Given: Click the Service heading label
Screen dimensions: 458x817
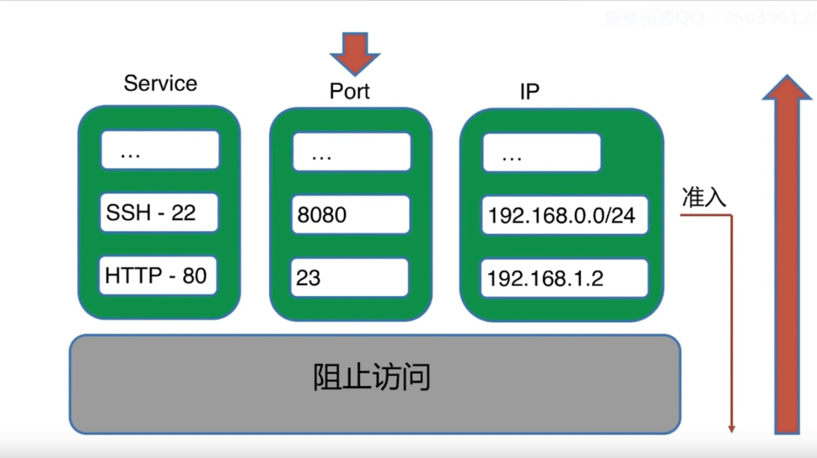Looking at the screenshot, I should point(160,83).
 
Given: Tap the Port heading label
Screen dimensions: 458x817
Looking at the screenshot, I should point(350,91).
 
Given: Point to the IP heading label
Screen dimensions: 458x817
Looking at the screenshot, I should point(530,91).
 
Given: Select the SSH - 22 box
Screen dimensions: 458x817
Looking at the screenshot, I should point(159,213).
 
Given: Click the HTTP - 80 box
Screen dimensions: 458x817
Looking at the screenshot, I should point(158,276).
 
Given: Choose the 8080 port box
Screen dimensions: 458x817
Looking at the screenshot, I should point(351,214).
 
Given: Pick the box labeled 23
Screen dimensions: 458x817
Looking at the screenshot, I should point(350,278).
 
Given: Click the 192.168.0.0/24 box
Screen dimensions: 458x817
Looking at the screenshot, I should point(565,215).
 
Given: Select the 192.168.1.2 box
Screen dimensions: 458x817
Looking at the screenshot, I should point(565,278).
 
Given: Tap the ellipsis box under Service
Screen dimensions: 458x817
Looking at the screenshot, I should point(160,150).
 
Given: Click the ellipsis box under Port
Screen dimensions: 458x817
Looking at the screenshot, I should point(351,152).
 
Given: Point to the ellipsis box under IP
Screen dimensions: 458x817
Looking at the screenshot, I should point(542,152).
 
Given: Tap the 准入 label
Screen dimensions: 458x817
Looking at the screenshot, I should point(704,198).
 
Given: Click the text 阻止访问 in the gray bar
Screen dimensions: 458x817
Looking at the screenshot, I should point(372,378).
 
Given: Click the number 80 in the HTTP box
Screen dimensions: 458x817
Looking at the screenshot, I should point(194,276).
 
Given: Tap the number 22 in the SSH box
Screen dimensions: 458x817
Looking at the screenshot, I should point(183,213).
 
